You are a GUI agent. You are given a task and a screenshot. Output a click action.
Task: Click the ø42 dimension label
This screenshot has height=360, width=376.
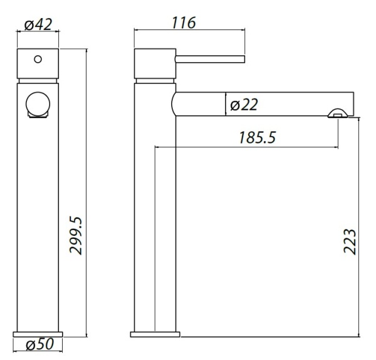(x=38, y=26)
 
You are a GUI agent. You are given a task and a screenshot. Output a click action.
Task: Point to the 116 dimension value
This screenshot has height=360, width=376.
(x=184, y=23)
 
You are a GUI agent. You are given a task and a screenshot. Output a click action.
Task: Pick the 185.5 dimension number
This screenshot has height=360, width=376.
(x=258, y=137)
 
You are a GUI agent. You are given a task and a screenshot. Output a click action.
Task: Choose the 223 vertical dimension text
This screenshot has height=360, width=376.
(x=350, y=241)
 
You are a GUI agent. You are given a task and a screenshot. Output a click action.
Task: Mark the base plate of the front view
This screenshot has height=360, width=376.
(x=38, y=333)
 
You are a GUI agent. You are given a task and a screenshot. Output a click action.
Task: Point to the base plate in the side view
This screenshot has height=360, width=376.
(x=155, y=333)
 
